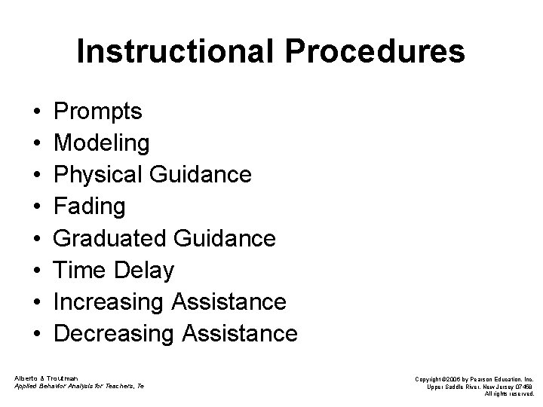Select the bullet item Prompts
tap(99, 112)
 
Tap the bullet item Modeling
tap(102, 143)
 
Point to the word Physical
tap(101, 175)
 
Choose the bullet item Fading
tap(90, 207)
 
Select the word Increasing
tap(109, 301)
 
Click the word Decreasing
tap(115, 332)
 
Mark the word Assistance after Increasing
tap(229, 301)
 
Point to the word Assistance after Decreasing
tap(241, 332)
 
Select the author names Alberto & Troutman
tap(44, 376)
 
